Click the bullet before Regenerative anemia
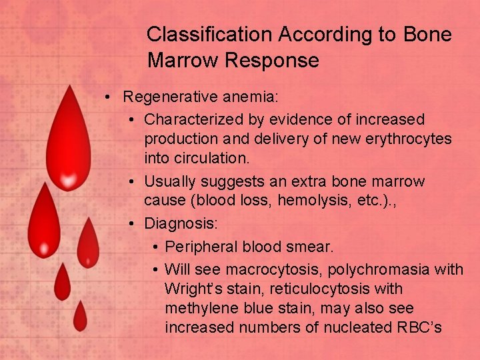[107, 98]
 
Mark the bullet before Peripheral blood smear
[154, 247]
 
